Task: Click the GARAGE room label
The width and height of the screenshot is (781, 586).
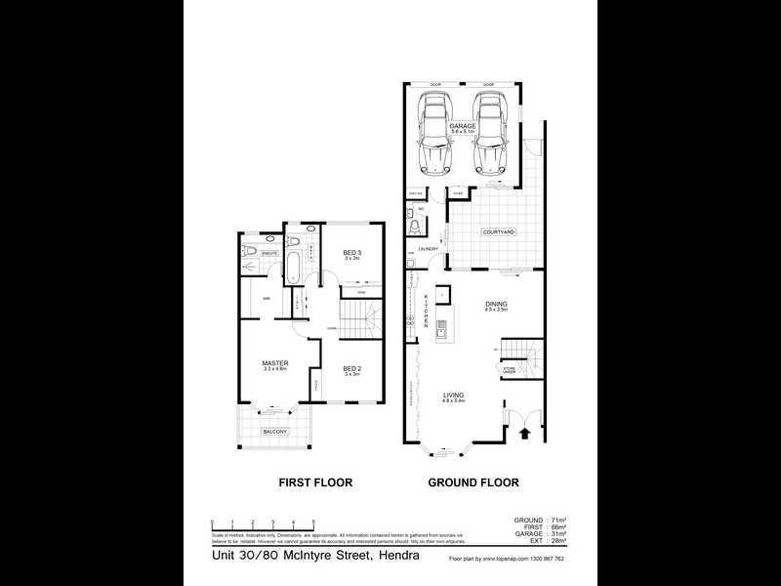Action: tap(462, 127)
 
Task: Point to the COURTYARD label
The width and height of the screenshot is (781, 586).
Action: tap(498, 231)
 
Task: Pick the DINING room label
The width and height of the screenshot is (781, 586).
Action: tap(496, 304)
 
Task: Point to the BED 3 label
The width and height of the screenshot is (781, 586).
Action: tap(351, 254)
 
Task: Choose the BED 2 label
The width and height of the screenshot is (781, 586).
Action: tap(351, 368)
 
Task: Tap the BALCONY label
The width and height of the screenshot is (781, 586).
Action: tap(273, 431)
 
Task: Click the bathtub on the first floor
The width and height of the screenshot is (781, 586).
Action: tap(294, 266)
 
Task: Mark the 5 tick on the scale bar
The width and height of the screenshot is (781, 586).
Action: tap(312, 523)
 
